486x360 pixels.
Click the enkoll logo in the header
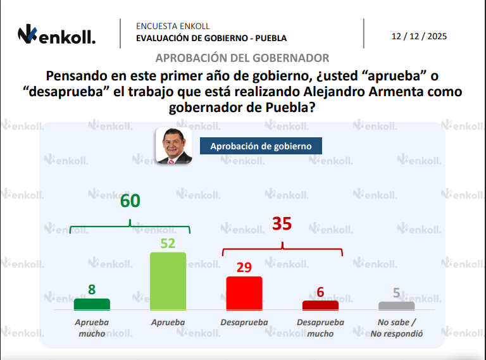click(56, 35)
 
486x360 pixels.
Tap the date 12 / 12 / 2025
click(419, 36)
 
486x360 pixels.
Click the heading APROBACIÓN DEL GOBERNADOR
click(242, 58)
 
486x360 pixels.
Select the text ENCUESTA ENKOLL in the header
click(173, 26)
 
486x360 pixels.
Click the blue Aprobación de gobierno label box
click(261, 146)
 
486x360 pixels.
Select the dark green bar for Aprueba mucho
click(92, 304)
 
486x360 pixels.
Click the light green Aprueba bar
click(168, 281)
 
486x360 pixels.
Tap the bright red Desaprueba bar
click(244, 293)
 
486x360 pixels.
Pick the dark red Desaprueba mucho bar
click(320, 305)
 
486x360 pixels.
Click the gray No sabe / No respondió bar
click(396, 306)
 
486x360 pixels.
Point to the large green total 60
click(130, 201)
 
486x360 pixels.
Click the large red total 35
click(282, 224)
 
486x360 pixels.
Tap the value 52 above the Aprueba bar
click(168, 244)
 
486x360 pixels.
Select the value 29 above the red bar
click(244, 268)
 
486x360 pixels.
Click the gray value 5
click(396, 292)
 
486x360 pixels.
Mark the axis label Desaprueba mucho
click(320, 328)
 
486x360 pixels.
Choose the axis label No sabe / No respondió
click(396, 328)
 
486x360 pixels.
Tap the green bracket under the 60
click(130, 227)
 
